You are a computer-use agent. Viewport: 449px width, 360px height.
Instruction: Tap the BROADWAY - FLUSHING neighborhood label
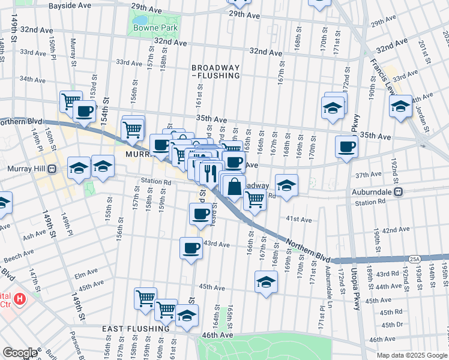point(215,71)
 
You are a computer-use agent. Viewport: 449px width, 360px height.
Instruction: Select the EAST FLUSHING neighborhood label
point(136,329)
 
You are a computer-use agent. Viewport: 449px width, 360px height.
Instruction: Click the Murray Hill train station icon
point(52,169)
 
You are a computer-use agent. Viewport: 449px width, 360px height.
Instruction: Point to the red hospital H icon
point(20,298)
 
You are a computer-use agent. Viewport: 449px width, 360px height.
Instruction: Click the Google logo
point(20,352)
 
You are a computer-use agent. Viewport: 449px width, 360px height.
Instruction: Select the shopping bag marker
point(235,187)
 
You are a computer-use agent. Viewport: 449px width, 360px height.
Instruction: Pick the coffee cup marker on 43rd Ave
point(191,247)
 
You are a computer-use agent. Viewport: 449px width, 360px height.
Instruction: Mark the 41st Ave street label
point(298,220)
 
